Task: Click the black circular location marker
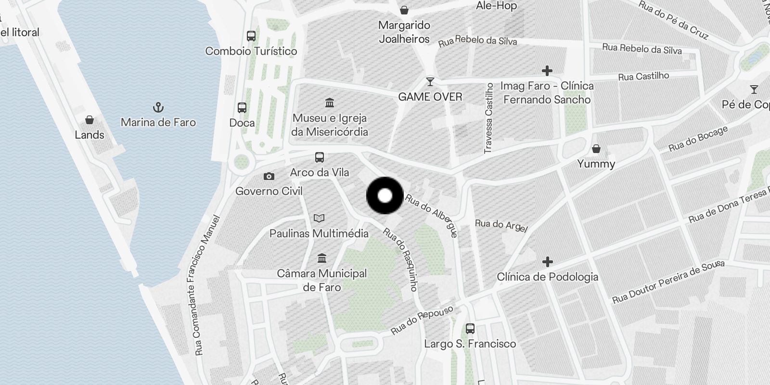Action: (385, 195)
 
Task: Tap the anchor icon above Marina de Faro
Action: (158, 107)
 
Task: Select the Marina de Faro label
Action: (158, 122)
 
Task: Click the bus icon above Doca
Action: (242, 108)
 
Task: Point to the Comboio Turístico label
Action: (251, 51)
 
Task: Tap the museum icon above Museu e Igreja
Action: (330, 103)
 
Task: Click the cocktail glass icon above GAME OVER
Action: (430, 82)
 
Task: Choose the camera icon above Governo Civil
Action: (269, 177)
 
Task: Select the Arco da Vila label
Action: (320, 172)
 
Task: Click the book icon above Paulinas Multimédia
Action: (319, 218)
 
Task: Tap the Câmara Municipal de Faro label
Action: (322, 280)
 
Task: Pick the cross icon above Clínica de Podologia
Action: (547, 262)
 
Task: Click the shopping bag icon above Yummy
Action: (596, 149)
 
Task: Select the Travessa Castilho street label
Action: (489, 118)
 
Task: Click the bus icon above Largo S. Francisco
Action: (470, 329)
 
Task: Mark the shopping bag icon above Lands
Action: (90, 120)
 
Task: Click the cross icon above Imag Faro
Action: (547, 71)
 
